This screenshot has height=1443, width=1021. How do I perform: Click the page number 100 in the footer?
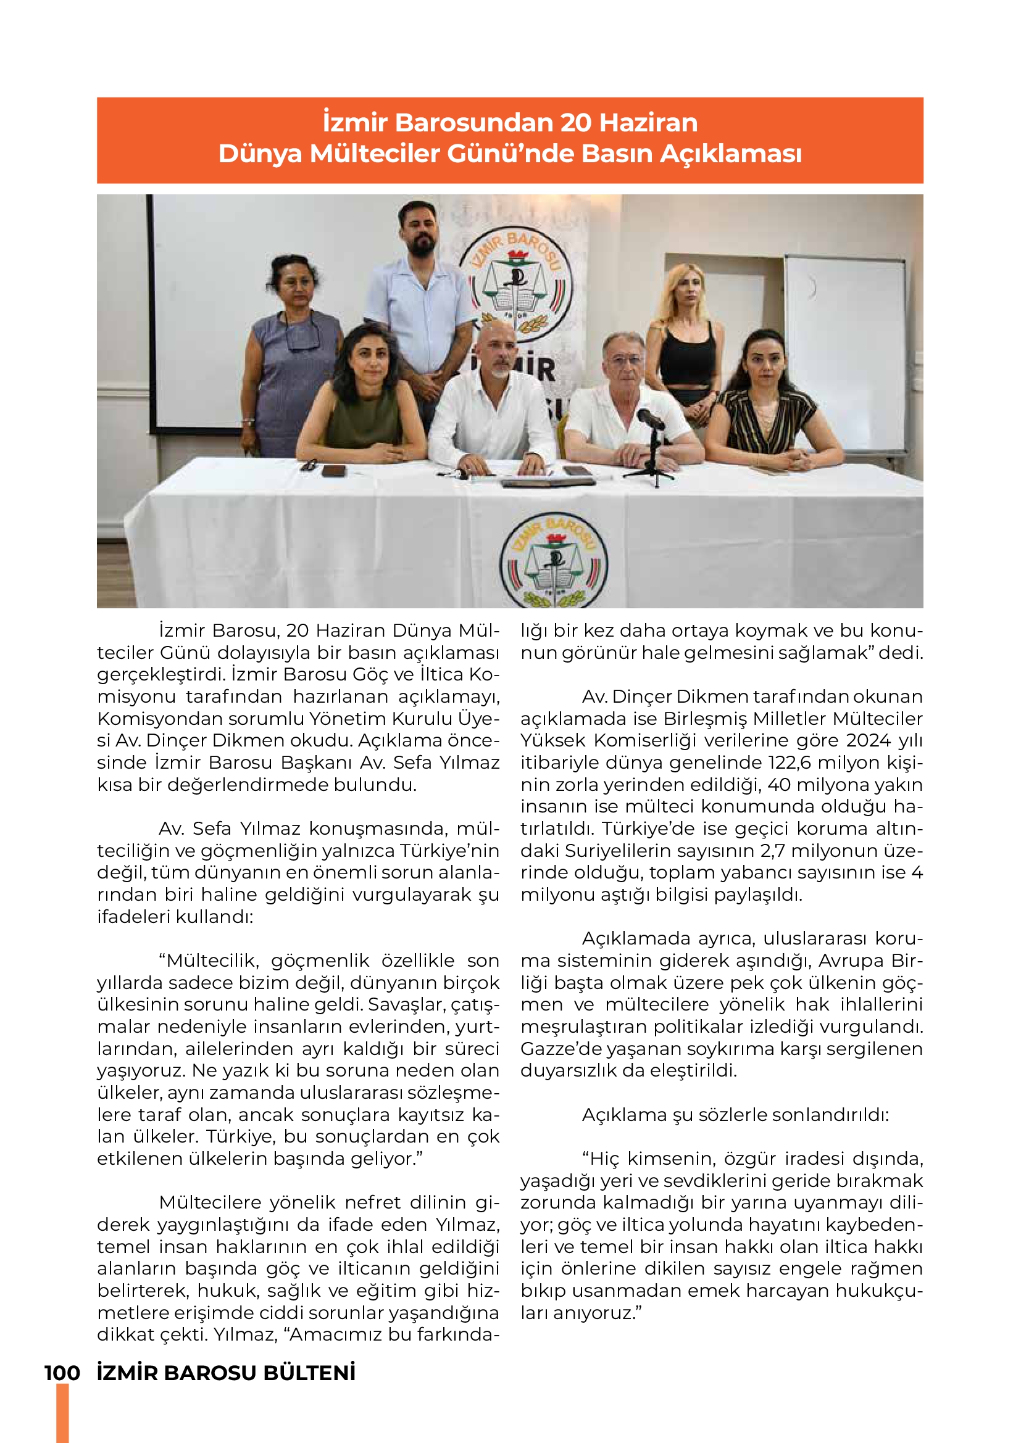click(62, 1373)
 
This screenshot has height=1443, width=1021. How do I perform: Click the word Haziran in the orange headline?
click(648, 123)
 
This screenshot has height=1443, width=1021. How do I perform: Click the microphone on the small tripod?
click(651, 419)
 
